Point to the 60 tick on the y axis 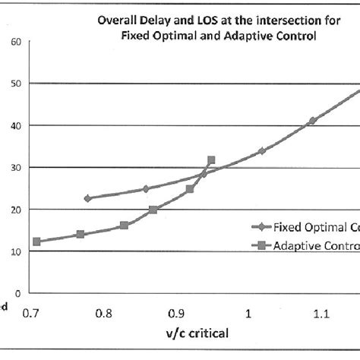[x=16, y=41]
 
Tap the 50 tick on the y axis [x=16, y=83]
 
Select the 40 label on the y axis [x=16, y=125]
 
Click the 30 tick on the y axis [x=16, y=167]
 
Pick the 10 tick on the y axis [x=16, y=251]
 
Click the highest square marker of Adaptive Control [x=211, y=160]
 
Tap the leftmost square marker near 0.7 [x=36, y=242]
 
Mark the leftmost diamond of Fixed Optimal [x=87, y=198]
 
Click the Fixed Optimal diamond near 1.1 [x=312, y=121]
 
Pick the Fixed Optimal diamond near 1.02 [x=262, y=151]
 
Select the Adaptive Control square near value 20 [x=153, y=210]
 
